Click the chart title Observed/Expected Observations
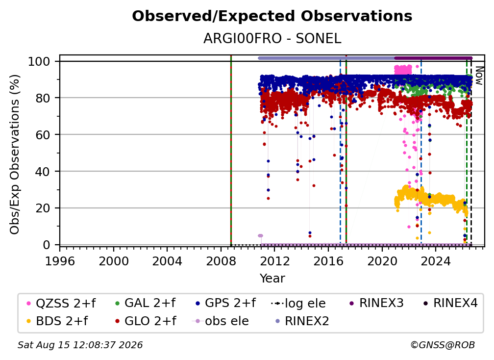tap(272, 16)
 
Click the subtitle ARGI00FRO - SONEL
tap(272, 38)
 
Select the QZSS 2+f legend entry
tap(61, 303)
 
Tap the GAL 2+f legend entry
tap(145, 303)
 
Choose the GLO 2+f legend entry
tap(146, 321)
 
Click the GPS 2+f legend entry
tap(225, 303)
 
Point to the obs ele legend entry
tap(220, 321)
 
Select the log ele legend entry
tap(298, 303)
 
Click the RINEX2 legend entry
tap(302, 321)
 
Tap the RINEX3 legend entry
tap(376, 303)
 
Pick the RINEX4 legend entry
tap(450, 303)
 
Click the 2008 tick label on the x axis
tap(221, 261)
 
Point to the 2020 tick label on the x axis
tap(382, 261)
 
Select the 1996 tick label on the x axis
tap(60, 261)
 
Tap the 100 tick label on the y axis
tap(39, 61)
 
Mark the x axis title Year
tap(272, 279)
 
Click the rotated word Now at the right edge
tap(479, 76)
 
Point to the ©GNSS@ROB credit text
tap(443, 345)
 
